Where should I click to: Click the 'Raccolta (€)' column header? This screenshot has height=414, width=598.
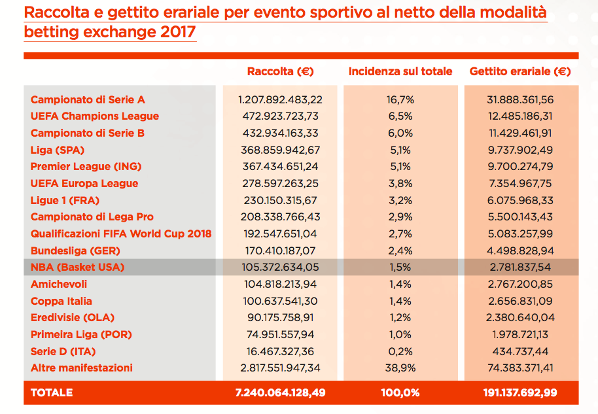coord(280,71)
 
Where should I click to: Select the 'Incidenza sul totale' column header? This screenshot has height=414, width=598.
coord(400,71)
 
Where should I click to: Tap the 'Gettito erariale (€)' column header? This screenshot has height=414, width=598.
coord(520,71)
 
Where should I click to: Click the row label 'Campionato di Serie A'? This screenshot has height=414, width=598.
coord(88,99)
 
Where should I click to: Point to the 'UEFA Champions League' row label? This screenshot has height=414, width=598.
coord(95,116)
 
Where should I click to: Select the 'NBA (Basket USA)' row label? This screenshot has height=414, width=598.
coord(77,267)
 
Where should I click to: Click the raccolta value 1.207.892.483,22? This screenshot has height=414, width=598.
coord(280,99)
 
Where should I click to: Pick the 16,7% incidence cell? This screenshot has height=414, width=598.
coord(400,99)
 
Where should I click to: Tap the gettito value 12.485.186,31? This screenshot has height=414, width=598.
coord(520,116)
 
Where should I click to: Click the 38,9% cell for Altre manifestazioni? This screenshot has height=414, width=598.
coord(400,368)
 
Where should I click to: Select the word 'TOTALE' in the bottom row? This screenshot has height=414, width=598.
coord(52,392)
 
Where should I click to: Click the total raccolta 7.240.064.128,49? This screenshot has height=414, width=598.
coord(280,392)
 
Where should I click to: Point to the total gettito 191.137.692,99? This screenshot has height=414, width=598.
coord(520,392)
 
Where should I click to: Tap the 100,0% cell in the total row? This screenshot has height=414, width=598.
coord(400,392)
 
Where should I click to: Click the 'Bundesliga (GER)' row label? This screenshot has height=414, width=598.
coord(75,250)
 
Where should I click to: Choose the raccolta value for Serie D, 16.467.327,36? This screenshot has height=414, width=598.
coord(280,351)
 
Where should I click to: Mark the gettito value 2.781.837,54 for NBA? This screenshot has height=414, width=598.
coord(520,267)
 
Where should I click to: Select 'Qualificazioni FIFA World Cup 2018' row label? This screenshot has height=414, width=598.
coord(121,233)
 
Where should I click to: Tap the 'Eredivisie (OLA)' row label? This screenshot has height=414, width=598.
coord(73,317)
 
